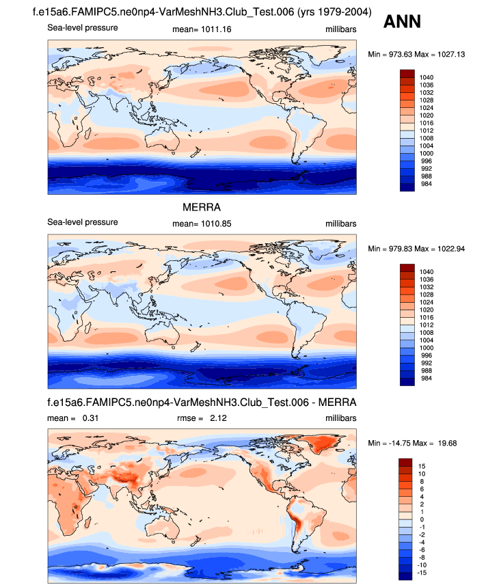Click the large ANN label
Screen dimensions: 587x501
pyautogui.click(x=402, y=23)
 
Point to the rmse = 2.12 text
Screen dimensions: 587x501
pyautogui.click(x=202, y=418)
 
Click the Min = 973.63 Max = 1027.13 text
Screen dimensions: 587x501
pyautogui.click(x=416, y=54)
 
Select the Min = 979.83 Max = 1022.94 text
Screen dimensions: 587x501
pyautogui.click(x=416, y=248)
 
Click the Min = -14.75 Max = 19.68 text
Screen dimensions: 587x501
pyautogui.click(x=412, y=443)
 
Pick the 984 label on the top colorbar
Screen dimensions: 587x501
pyautogui.click(x=425, y=184)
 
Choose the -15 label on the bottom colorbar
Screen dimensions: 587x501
pyautogui.click(x=423, y=573)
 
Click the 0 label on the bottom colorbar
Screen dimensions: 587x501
pyautogui.click(x=420, y=519)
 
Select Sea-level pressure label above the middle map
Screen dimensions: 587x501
pyautogui.click(x=83, y=222)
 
